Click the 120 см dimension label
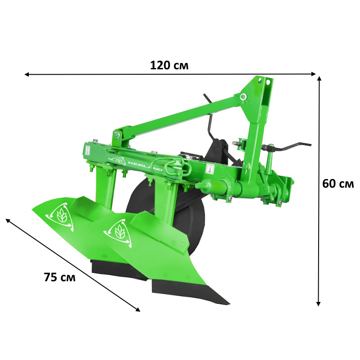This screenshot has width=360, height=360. click(x=169, y=65)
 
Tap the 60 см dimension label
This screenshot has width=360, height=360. click(x=338, y=184)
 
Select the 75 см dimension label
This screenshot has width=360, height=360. click(x=60, y=277)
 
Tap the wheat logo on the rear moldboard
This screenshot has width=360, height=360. click(x=60, y=216)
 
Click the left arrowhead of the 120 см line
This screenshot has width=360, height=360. click(x=27, y=74)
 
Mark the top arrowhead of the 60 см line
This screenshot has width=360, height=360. click(x=319, y=79)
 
